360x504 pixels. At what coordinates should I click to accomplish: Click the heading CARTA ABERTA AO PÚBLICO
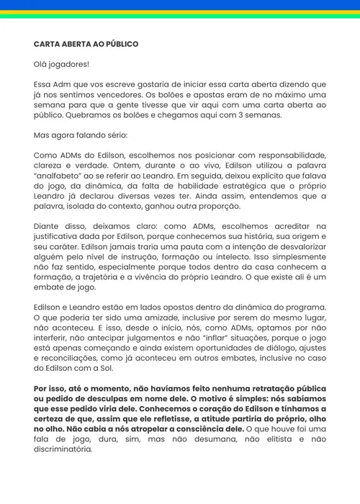(x=86, y=44)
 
